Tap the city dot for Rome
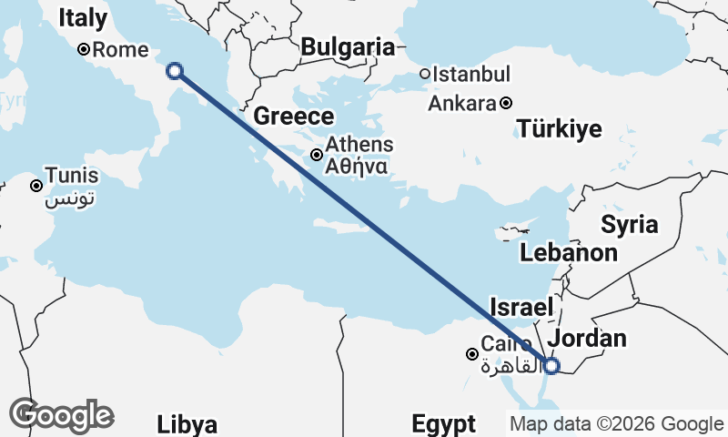click(83, 50)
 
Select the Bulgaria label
click(348, 47)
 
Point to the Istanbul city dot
click(425, 74)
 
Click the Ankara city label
click(461, 103)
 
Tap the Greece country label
click(294, 117)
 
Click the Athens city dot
click(317, 155)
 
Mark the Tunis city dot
click(36, 186)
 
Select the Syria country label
click(629, 224)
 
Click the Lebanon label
click(569, 253)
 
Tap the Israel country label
click(521, 307)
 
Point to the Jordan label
click(590, 339)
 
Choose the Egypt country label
click(443, 423)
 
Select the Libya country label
click(187, 424)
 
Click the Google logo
click(61, 415)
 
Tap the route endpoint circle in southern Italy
click(175, 70)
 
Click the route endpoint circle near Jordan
click(551, 366)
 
